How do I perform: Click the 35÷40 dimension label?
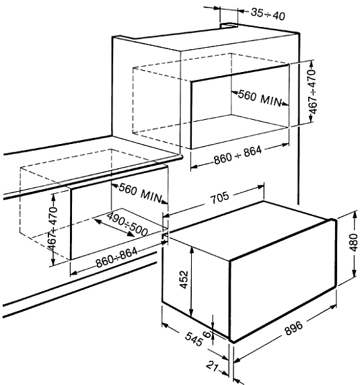pos(268,14)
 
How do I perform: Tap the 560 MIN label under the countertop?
pos(141,193)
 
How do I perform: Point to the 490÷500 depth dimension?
pos(127,224)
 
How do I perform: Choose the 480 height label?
pos(353,242)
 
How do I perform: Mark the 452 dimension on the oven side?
pos(184,279)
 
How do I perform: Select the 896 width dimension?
pos(294,328)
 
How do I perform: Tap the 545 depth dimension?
pos(194,339)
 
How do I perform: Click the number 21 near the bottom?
pos(213,367)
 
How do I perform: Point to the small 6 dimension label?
pos(207,334)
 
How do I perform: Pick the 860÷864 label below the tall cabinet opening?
pos(238,155)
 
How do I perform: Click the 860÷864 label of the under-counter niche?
pos(116,258)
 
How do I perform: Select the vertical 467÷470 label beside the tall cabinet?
pos(313,92)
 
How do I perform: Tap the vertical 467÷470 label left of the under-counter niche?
pos(52,229)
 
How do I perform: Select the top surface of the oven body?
pos(248,230)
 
